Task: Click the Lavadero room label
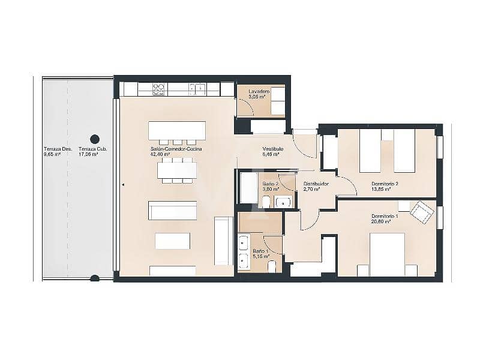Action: click(x=251, y=91)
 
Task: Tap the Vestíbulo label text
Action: click(x=272, y=148)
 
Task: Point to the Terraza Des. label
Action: click(x=58, y=148)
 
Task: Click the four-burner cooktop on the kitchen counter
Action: click(x=159, y=89)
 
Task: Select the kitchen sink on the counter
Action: click(x=197, y=89)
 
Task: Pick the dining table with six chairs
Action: click(x=176, y=169)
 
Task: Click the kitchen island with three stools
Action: click(x=176, y=130)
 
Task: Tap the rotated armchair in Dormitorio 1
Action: click(x=422, y=211)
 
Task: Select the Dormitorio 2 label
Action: click(x=385, y=184)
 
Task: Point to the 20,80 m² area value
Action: click(x=381, y=221)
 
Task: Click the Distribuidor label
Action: click(x=315, y=184)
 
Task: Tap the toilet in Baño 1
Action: click(x=271, y=266)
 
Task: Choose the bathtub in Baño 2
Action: click(x=248, y=188)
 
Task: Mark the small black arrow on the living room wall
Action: click(x=123, y=185)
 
